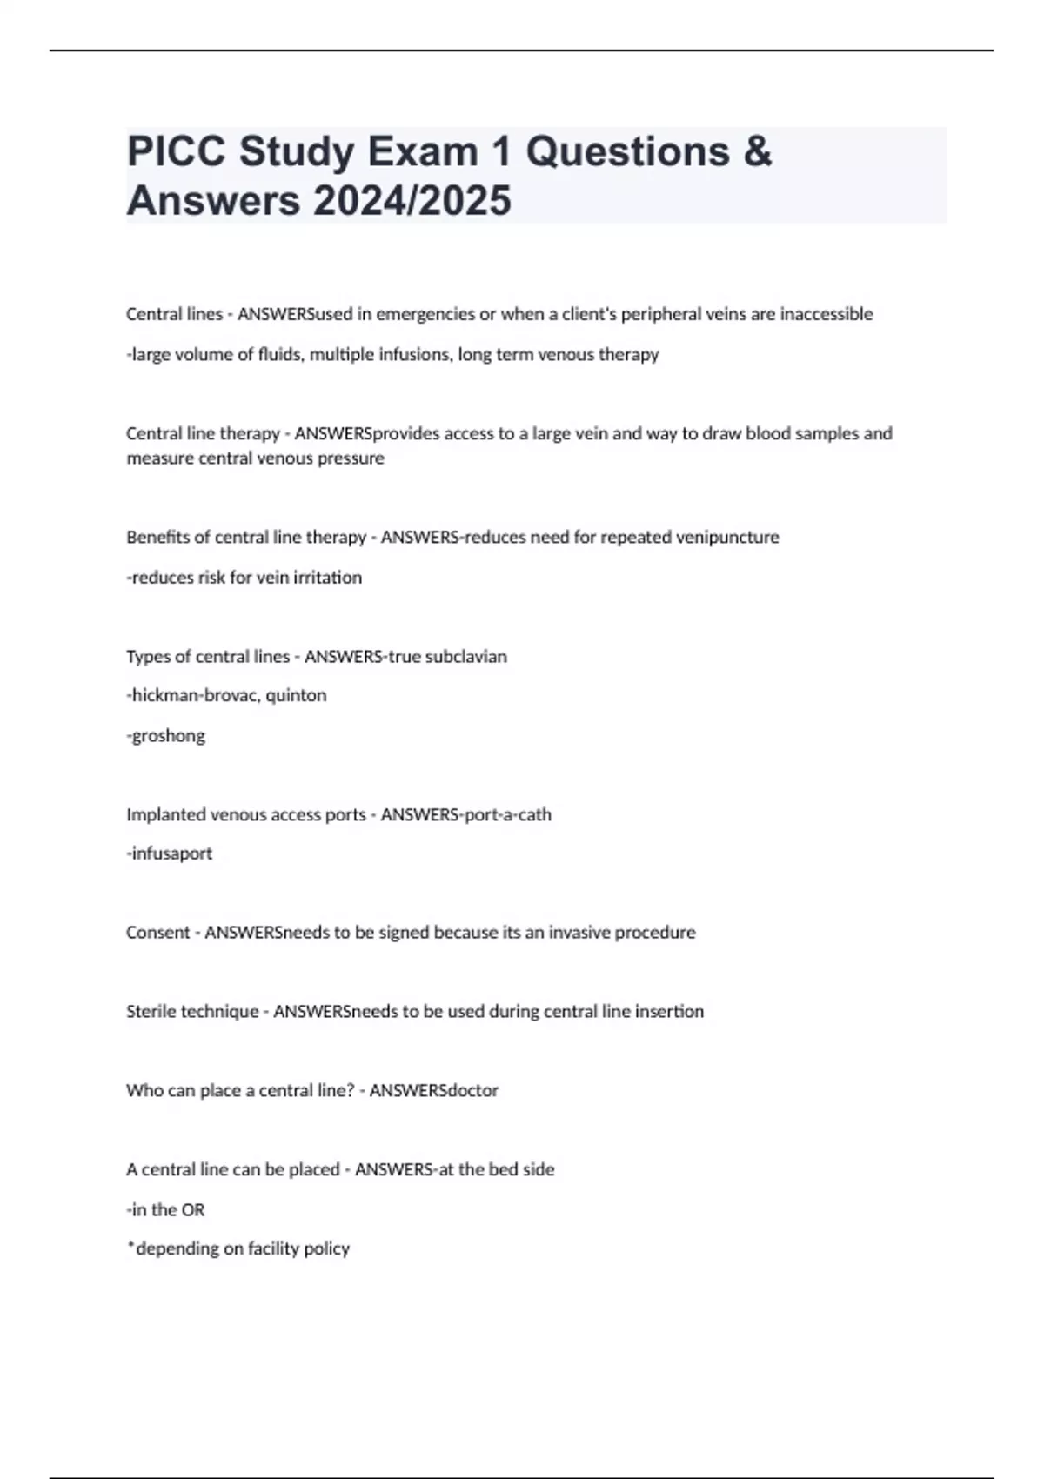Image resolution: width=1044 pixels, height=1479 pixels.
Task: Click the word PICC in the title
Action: point(177,152)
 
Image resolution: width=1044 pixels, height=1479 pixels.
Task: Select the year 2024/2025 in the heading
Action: point(412,201)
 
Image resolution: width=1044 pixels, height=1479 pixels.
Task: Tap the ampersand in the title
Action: point(758,152)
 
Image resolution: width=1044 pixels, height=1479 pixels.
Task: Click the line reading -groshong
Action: point(166,735)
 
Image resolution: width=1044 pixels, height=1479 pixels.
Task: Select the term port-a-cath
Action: point(508,814)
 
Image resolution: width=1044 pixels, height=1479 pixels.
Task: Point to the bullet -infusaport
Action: point(170,853)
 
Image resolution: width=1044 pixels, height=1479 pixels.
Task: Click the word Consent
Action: point(157,933)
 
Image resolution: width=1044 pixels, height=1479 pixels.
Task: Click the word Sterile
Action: point(149,1011)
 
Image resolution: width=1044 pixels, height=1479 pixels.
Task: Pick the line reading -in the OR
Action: point(166,1209)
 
